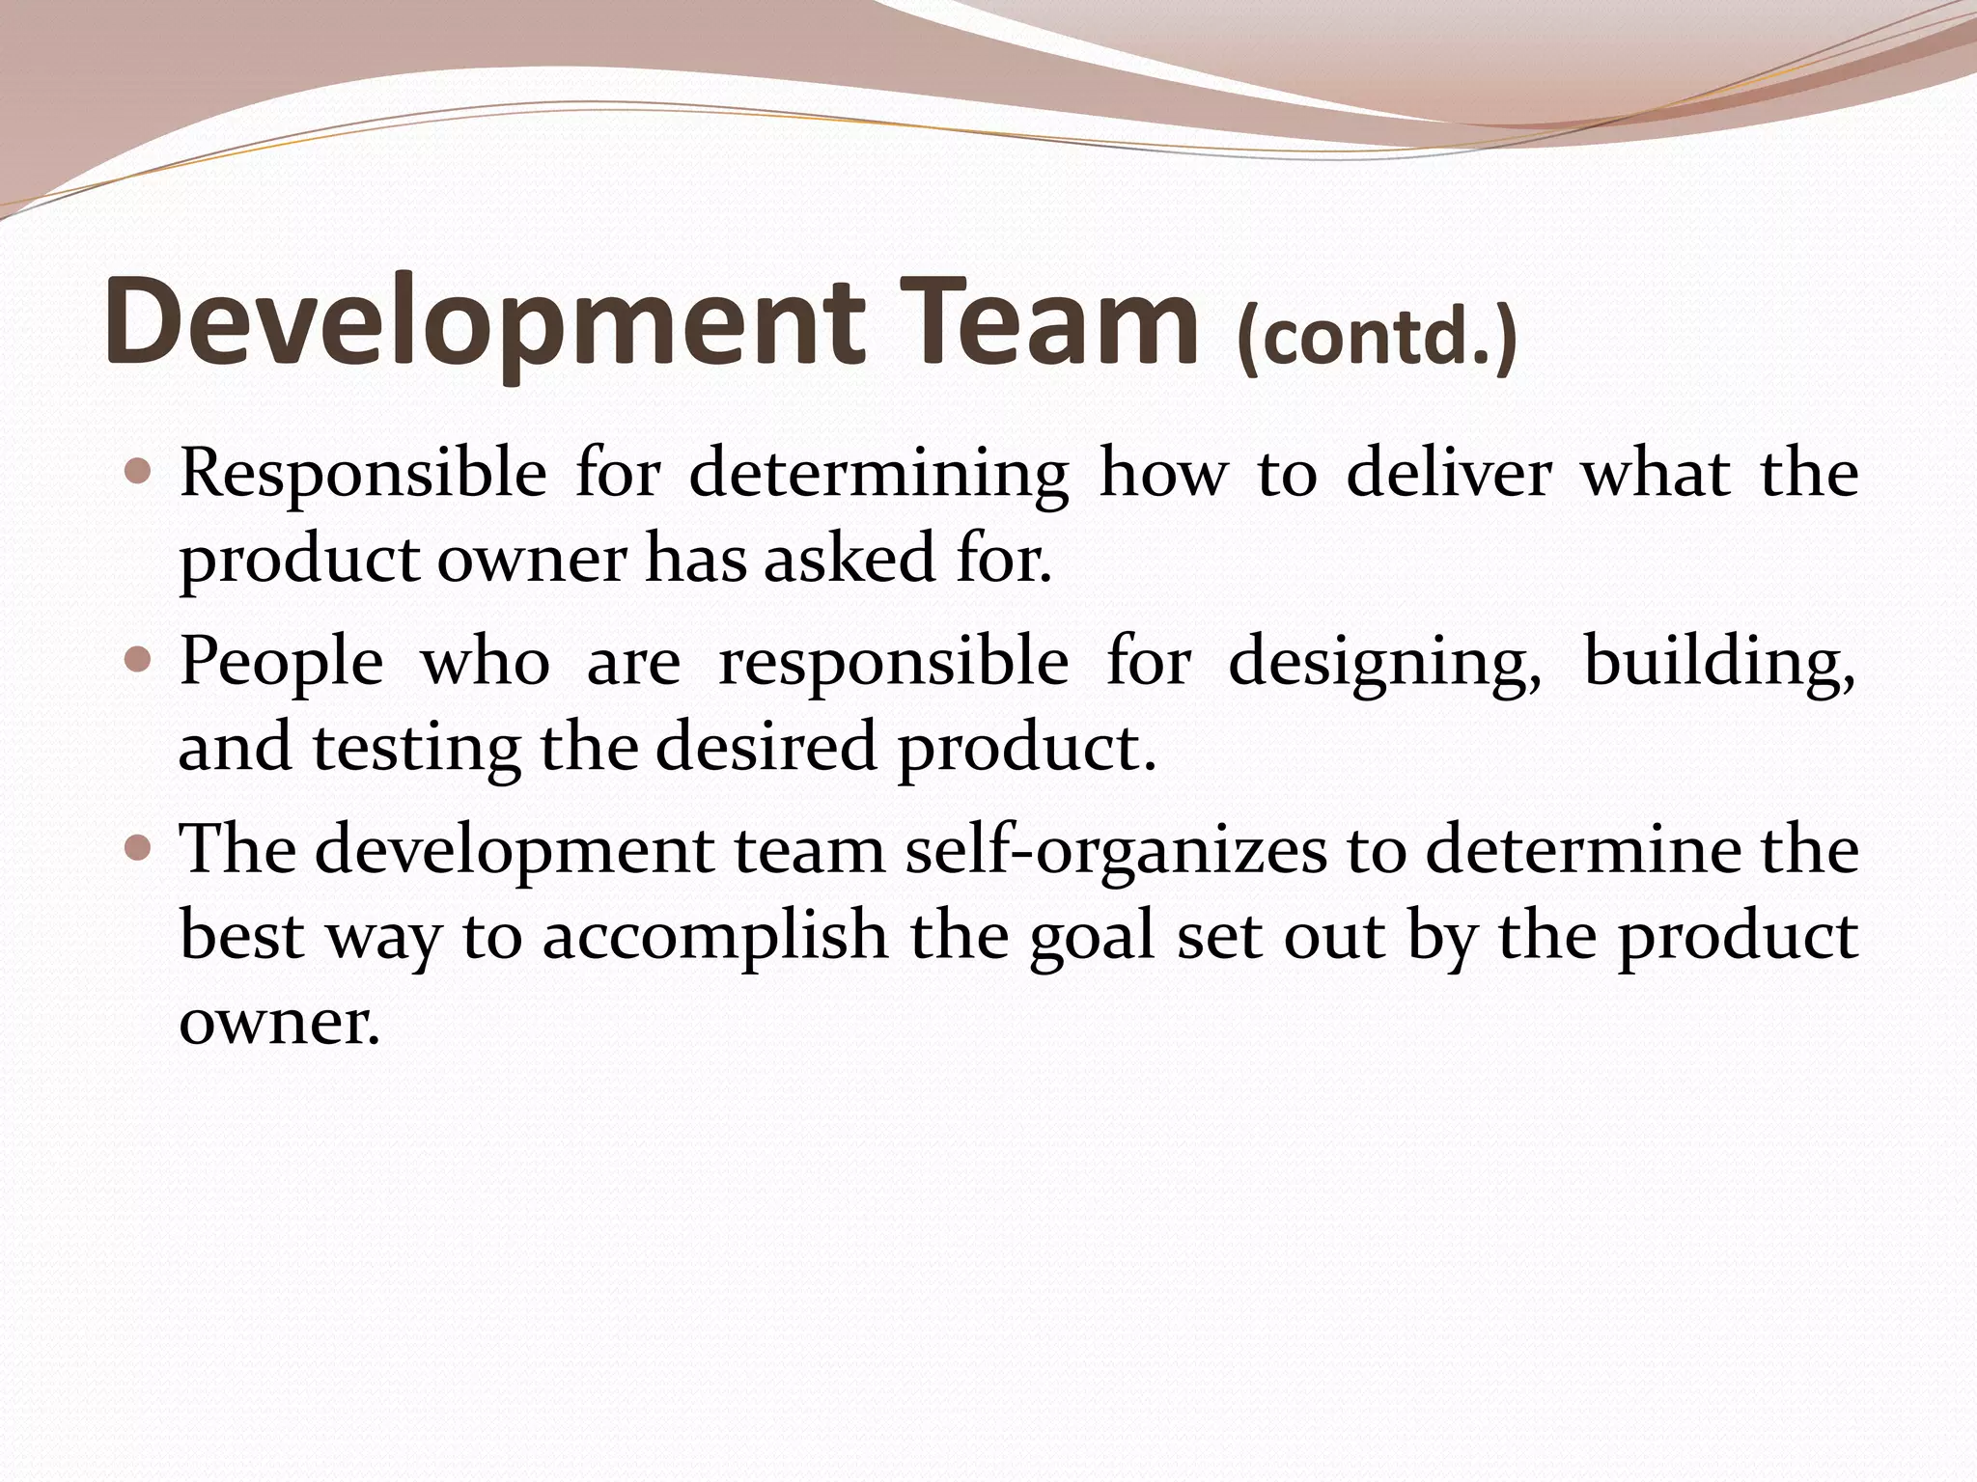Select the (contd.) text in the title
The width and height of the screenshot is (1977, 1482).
(1377, 338)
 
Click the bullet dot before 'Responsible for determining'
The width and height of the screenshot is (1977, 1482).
(139, 472)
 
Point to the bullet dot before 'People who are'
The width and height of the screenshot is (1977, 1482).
(139, 660)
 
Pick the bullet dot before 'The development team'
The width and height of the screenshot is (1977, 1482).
(139, 848)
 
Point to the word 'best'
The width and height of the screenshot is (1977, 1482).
(242, 936)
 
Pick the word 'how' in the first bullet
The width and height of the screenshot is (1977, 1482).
(1163, 474)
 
